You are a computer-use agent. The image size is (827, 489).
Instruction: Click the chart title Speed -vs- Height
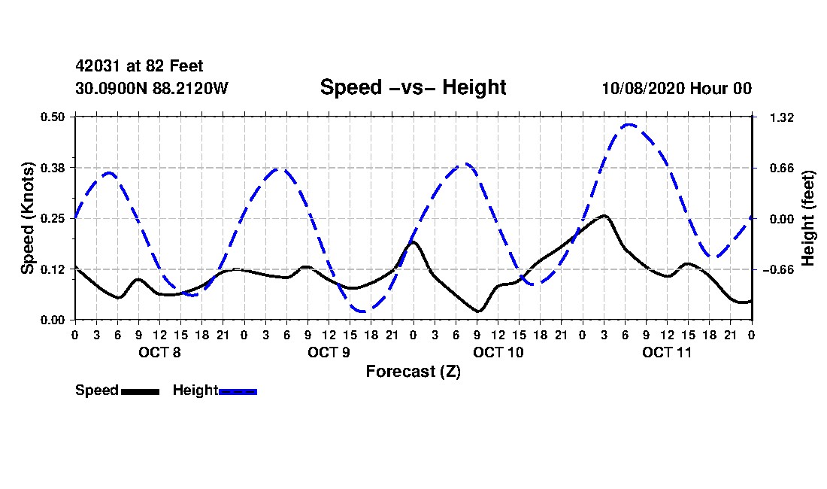pyautogui.click(x=413, y=87)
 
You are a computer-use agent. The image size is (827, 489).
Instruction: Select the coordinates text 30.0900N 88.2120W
pyautogui.click(x=152, y=88)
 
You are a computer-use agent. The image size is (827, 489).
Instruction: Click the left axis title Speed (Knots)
pyautogui.click(x=28, y=218)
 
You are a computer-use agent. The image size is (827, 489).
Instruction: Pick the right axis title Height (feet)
pyautogui.click(x=809, y=218)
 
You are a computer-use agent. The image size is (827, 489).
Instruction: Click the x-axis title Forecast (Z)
pyautogui.click(x=413, y=371)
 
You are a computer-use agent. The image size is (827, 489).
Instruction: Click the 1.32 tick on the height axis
pyautogui.click(x=777, y=117)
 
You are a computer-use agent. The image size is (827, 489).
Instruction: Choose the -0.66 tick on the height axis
pyautogui.click(x=780, y=269)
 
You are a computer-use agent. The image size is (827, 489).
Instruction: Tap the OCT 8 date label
pyautogui.click(x=159, y=351)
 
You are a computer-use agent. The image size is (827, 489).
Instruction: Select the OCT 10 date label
pyautogui.click(x=498, y=351)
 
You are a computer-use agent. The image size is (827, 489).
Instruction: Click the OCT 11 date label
pyautogui.click(x=667, y=351)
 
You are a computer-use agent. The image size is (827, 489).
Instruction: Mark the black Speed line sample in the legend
pyautogui.click(x=140, y=391)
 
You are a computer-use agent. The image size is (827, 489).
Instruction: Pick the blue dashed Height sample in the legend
pyautogui.click(x=238, y=391)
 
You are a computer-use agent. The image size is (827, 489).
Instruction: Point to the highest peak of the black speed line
pyautogui.click(x=604, y=216)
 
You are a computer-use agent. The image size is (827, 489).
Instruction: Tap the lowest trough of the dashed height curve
pyautogui.click(x=362, y=311)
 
